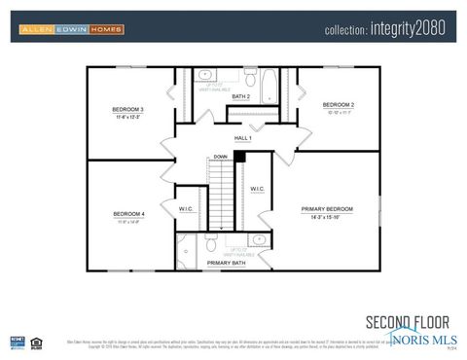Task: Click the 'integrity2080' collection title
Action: point(384,29)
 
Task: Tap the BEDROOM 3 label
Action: point(127,109)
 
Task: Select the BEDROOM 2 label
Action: point(339,104)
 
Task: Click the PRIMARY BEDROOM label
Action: point(327,209)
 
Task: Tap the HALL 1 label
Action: point(242,138)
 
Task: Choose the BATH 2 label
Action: point(241,97)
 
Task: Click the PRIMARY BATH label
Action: point(226,263)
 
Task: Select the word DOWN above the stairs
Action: point(221,156)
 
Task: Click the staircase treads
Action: point(224,195)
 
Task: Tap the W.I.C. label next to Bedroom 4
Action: point(188,208)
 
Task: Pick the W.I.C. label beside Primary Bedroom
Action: point(258,189)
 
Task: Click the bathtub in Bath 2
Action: point(270,87)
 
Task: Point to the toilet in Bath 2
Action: point(249,79)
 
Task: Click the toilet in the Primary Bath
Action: point(210,246)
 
